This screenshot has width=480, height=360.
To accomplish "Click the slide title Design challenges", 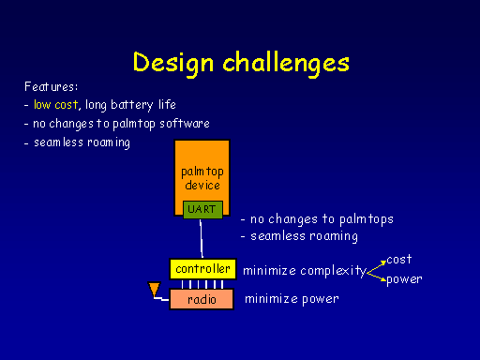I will tap(241, 62).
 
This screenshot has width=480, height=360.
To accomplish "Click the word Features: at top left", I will tap(51, 86).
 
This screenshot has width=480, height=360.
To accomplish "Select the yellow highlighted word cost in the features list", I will tap(67, 105).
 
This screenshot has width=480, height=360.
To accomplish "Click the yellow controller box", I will tap(202, 269).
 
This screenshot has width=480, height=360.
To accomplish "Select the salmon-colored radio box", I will tap(202, 299).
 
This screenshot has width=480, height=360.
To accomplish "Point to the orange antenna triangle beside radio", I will tap(155, 290).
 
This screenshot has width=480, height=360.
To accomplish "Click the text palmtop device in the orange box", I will tap(202, 178).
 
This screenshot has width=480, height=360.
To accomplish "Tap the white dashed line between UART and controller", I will tap(202, 240).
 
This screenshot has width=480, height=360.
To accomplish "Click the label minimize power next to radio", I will tap(291, 300).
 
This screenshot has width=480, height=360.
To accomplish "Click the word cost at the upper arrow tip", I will tap(399, 259).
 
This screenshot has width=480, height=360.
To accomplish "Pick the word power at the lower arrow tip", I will tap(404, 279).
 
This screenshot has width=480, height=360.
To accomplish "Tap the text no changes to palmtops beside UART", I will tap(317, 218).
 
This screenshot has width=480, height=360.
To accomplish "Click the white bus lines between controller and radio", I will tap(202, 284).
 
